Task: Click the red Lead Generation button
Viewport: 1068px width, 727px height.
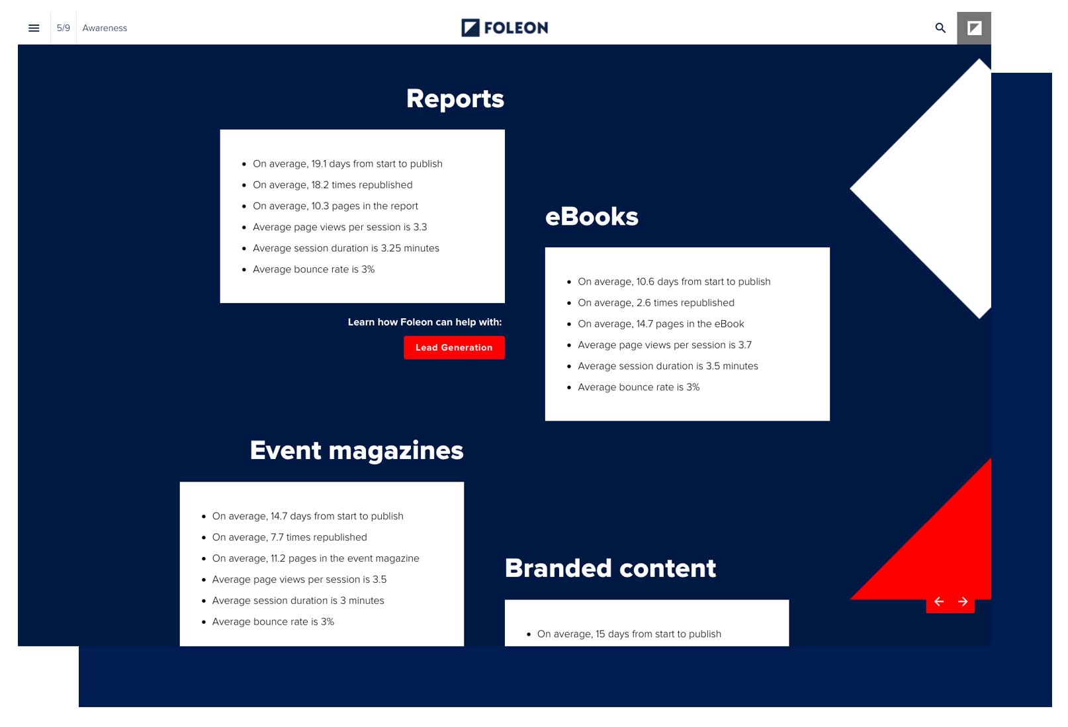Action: pyautogui.click(x=454, y=347)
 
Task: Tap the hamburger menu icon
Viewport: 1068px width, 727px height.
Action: pyautogui.click(x=34, y=28)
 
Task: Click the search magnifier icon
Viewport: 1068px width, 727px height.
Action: pyautogui.click(x=940, y=28)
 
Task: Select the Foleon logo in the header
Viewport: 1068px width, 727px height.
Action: pyautogui.click(x=504, y=28)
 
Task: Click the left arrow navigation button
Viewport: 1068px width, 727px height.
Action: pyautogui.click(x=938, y=601)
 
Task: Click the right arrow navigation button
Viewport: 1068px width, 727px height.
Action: pyautogui.click(x=963, y=601)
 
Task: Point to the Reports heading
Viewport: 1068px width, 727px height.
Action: pyautogui.click(x=455, y=99)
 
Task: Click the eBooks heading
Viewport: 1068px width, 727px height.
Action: pyautogui.click(x=591, y=216)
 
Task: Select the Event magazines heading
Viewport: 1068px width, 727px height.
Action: pyautogui.click(x=356, y=450)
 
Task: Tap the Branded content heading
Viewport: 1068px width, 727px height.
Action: pyautogui.click(x=609, y=568)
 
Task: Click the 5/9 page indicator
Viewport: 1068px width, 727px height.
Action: pyautogui.click(x=63, y=28)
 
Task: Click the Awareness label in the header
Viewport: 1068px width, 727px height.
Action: pyautogui.click(x=105, y=28)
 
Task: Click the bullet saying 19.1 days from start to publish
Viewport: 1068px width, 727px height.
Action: pyautogui.click(x=347, y=163)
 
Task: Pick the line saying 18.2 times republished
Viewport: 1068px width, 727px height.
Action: pyautogui.click(x=332, y=185)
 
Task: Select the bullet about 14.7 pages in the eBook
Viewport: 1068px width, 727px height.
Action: pyautogui.click(x=660, y=323)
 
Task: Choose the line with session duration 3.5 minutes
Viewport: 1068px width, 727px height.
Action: pyautogui.click(x=667, y=366)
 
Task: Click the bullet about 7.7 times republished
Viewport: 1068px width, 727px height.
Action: pyautogui.click(x=289, y=537)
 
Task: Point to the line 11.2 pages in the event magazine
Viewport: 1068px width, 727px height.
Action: pyautogui.click(x=315, y=558)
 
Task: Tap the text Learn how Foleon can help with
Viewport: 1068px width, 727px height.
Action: pyautogui.click(x=424, y=322)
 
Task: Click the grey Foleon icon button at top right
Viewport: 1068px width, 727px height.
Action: pyautogui.click(x=973, y=28)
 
